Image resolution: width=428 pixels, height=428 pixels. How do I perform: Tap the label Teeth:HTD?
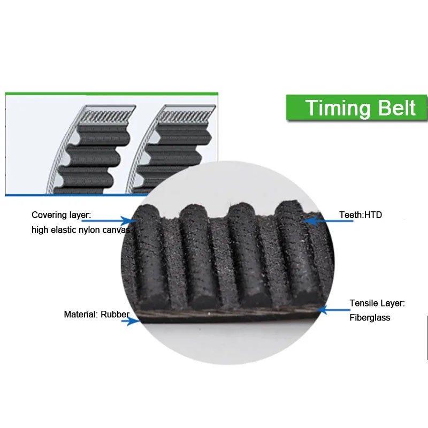tap(361, 215)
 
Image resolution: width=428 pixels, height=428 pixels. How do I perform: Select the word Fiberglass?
tap(370, 317)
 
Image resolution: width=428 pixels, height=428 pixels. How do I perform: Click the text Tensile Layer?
tap(377, 303)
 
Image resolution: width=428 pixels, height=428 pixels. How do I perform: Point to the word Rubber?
tap(115, 314)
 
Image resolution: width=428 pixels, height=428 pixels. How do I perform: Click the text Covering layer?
tap(61, 215)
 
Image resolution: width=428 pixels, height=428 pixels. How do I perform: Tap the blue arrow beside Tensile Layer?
tap(334, 310)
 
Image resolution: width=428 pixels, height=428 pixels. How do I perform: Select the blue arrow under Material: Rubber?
tap(131, 321)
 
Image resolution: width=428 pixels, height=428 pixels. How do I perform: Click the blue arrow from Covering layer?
tap(109, 220)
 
